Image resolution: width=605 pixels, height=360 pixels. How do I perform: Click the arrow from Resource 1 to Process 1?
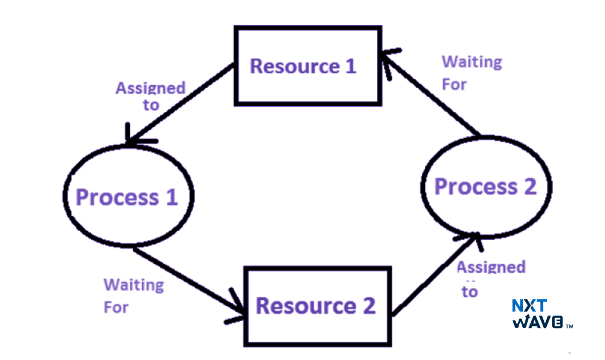click(x=180, y=104)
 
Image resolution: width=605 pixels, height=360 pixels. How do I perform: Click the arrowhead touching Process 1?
click(x=133, y=139)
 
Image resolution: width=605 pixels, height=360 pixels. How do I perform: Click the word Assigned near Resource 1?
click(x=150, y=88)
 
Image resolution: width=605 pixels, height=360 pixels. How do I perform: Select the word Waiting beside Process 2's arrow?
click(x=471, y=62)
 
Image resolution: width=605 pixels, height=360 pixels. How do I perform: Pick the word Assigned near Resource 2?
click(x=490, y=267)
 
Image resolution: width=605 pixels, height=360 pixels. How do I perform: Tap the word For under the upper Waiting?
click(x=454, y=85)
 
